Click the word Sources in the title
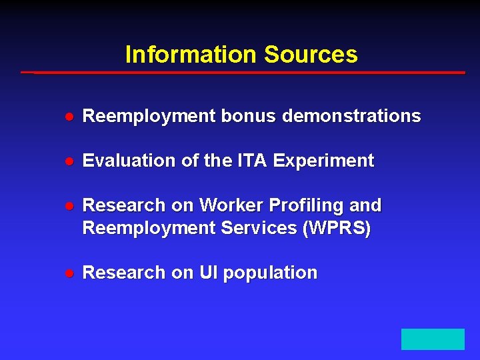311,55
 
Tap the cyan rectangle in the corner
433,339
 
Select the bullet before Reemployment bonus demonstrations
69,117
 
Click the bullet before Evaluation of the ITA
69,161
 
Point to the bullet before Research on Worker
69,206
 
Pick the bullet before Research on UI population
69,273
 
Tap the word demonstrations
351,116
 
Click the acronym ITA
252,161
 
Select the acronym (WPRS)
337,228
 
